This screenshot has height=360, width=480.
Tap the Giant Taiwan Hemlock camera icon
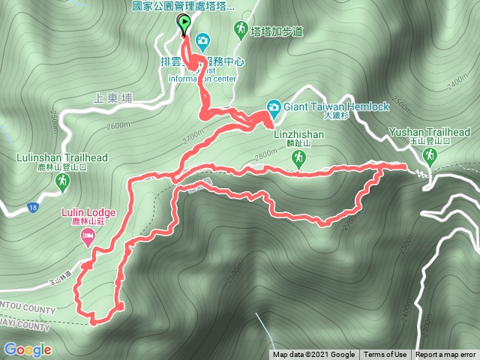274,107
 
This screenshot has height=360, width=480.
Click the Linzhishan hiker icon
298,157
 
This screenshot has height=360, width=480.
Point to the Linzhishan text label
298,135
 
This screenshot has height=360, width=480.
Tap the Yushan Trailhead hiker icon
430,156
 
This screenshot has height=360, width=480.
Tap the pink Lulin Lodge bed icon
88,238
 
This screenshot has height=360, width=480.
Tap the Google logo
28,349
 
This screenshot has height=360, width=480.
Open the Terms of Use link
385,355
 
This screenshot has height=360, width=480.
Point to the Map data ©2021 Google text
313,355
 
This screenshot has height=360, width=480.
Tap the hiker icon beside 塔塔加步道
240,31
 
